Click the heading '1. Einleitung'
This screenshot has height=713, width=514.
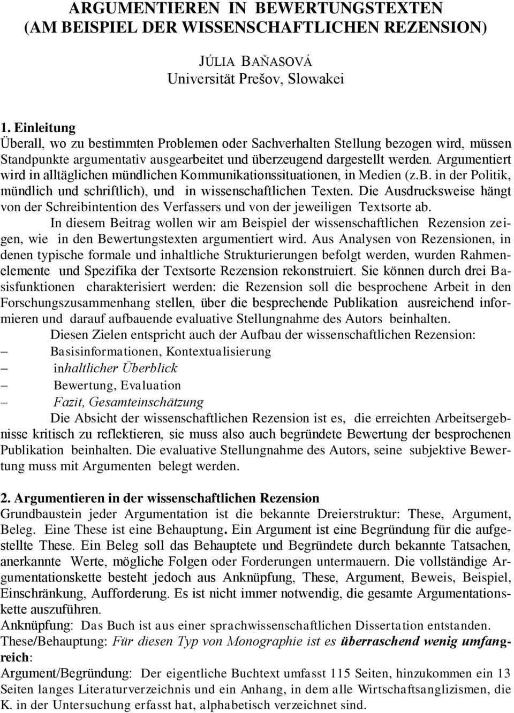[x=39, y=128]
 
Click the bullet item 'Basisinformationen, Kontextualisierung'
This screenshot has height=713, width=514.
[x=161, y=351]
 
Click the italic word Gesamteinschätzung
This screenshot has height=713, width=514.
[x=146, y=402]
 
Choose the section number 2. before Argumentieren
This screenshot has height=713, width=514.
[x=6, y=498]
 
